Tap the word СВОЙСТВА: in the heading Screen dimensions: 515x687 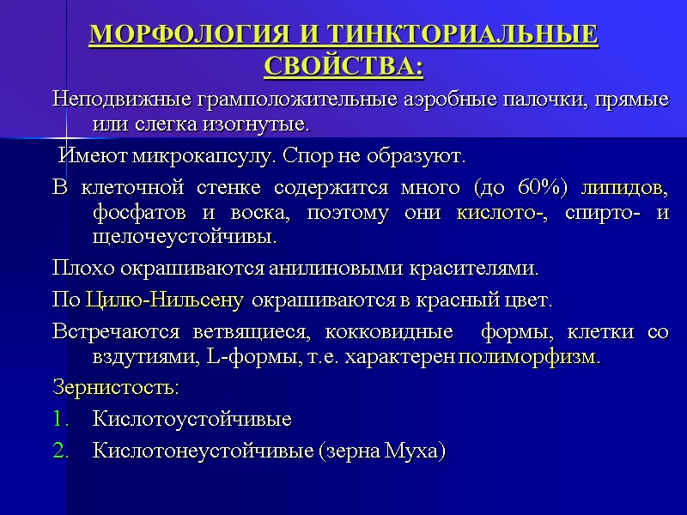(343, 65)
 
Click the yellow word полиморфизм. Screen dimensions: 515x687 (531, 356)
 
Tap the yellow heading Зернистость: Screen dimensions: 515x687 (115, 387)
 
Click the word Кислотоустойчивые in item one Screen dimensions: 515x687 (192, 419)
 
